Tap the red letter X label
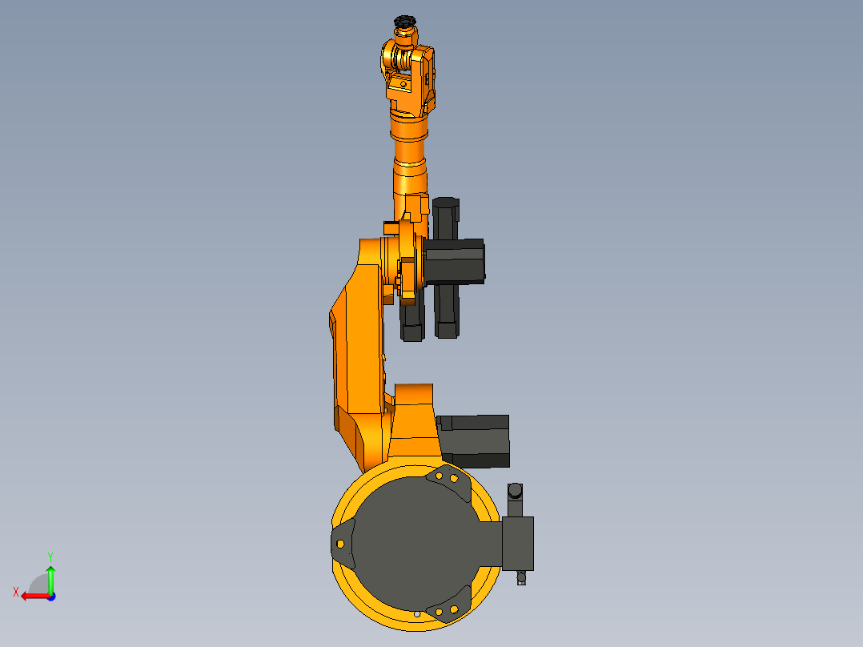(16, 592)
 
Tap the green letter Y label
(50, 556)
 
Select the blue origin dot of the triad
(50, 596)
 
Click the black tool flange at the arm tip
(405, 22)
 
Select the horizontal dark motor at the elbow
(455, 261)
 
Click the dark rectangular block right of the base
(517, 543)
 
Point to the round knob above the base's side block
(516, 489)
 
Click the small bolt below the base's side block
(522, 577)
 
